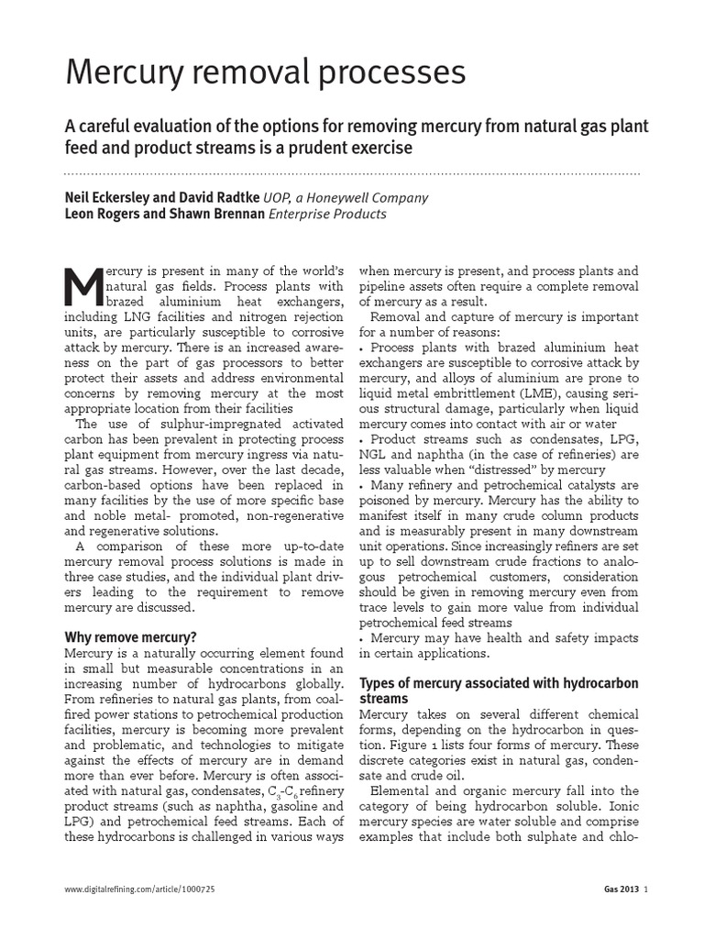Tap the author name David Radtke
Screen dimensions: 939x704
(214, 197)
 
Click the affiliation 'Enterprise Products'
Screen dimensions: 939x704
(326, 214)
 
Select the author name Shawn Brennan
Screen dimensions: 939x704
(217, 214)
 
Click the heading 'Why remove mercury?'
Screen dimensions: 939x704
(131, 636)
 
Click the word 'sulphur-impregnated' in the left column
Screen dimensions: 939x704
(182, 425)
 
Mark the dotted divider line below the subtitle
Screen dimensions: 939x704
(352, 172)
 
